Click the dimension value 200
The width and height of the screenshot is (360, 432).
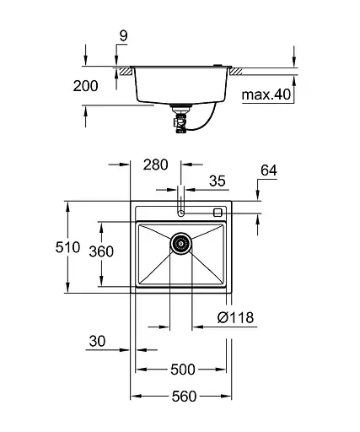(x=86, y=86)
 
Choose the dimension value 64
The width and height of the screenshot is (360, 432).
(x=269, y=170)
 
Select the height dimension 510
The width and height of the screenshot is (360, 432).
(x=68, y=248)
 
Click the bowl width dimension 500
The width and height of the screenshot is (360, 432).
(x=182, y=370)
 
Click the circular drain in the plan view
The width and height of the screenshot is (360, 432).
(x=180, y=245)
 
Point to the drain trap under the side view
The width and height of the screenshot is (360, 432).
(x=179, y=118)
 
